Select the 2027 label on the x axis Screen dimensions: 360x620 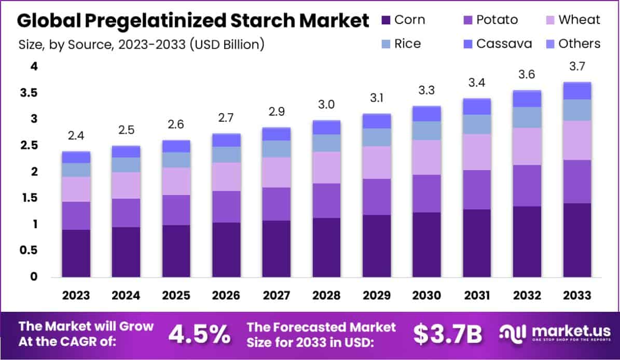277,295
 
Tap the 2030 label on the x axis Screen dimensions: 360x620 427,295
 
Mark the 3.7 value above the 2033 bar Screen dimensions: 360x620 577,67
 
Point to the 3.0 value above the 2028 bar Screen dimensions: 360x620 326,105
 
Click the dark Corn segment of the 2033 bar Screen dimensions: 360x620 577,240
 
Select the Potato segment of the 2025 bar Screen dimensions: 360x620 176,210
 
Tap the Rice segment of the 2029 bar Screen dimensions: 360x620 377,137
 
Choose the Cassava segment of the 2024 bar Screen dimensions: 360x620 126,151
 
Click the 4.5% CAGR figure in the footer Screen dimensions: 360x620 200,335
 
